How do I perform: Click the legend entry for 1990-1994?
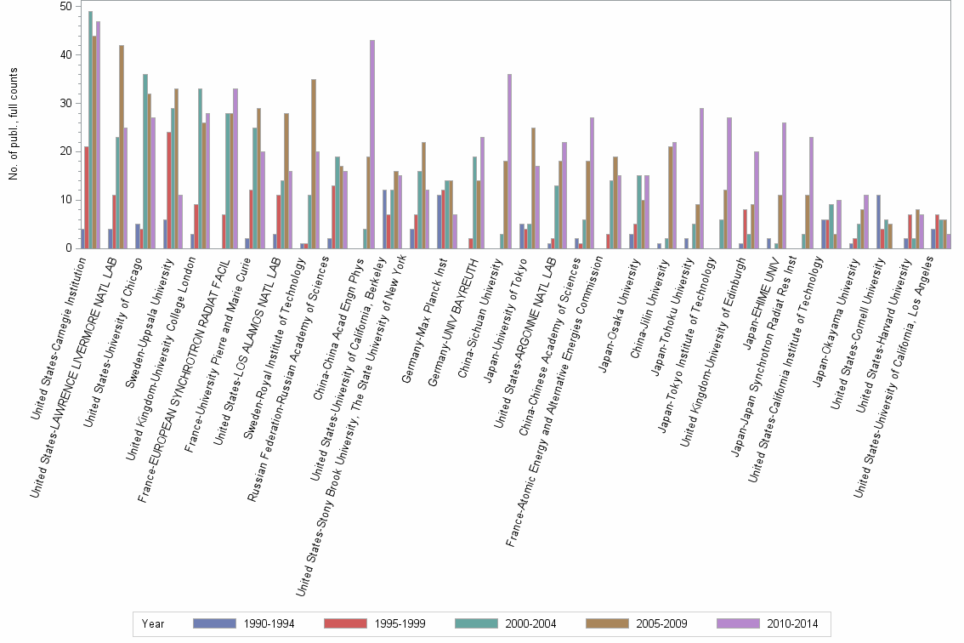click(x=242, y=623)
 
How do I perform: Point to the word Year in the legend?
click(x=154, y=623)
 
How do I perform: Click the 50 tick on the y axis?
click(x=66, y=6)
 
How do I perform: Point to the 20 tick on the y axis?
click(x=66, y=151)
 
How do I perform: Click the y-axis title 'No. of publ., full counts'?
click(x=14, y=125)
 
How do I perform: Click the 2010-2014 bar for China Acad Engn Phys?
click(x=372, y=145)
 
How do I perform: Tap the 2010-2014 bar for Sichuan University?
click(x=509, y=162)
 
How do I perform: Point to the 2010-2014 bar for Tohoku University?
click(x=701, y=179)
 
